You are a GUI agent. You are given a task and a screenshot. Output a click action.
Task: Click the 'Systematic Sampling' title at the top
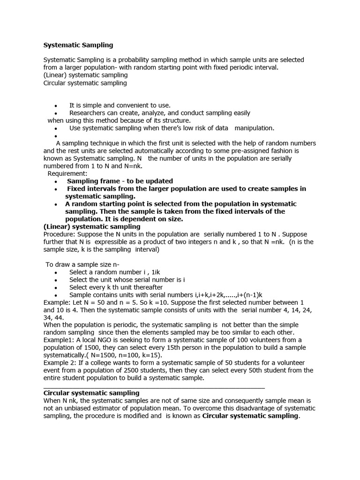click(x=78, y=45)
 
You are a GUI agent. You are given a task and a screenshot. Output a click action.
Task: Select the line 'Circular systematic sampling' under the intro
click(x=85, y=83)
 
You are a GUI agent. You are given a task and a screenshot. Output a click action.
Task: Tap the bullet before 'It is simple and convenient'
click(x=56, y=106)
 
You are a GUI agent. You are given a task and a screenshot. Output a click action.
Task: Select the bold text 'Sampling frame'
click(x=90, y=181)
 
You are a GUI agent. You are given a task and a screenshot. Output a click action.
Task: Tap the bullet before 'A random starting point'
click(x=55, y=204)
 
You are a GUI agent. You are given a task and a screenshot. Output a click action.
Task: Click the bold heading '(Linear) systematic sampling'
click(x=92, y=227)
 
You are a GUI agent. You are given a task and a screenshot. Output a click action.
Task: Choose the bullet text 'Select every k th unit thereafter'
click(x=116, y=287)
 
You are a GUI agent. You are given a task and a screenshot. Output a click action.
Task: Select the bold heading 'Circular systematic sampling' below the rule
click(x=91, y=393)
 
